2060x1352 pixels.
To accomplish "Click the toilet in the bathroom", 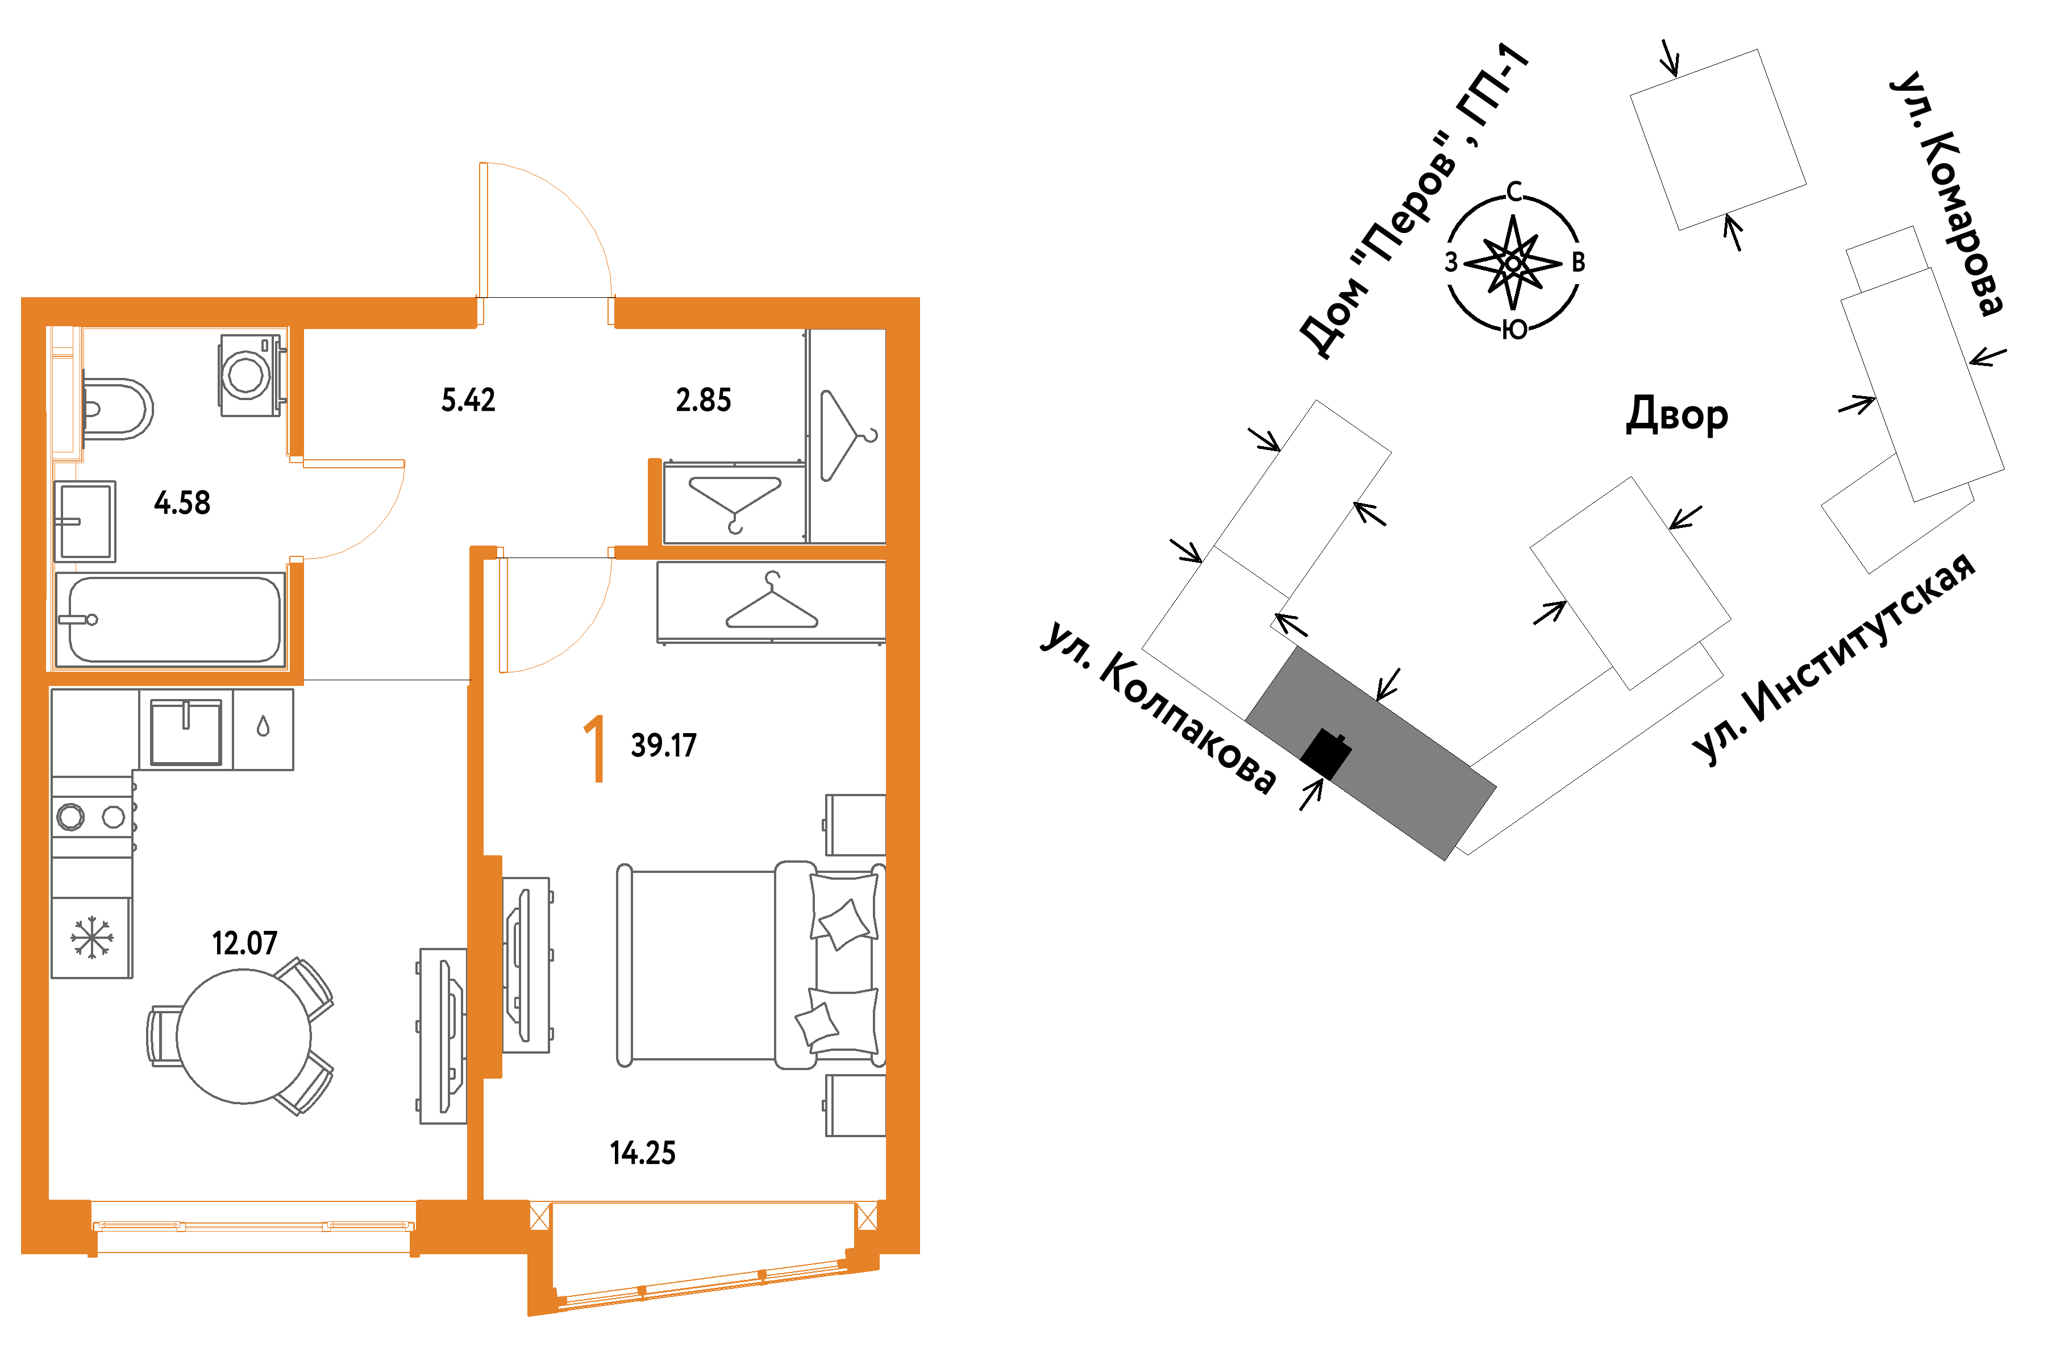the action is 118,409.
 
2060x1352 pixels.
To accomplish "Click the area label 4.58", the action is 182,503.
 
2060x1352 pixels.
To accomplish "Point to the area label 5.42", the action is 468,400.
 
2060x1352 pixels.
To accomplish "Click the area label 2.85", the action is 703,400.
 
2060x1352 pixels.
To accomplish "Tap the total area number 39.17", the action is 664,745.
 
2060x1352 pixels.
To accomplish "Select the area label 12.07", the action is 245,943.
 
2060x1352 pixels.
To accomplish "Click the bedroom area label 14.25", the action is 642,1153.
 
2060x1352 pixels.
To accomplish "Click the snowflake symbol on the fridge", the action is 91,938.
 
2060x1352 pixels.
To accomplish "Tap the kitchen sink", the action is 186,731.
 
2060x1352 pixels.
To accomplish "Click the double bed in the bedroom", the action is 751,965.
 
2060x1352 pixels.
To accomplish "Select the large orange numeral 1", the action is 594,748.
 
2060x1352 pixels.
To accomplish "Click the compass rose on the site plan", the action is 1513,261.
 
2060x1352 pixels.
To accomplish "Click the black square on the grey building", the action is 1326,753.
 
